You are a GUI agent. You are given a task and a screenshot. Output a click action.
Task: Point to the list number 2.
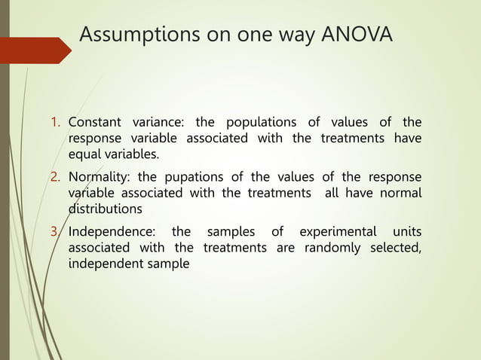tap(56, 177)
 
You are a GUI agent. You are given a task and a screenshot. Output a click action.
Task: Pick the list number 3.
tap(56, 231)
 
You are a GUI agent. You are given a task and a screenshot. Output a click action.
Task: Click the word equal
tap(84, 155)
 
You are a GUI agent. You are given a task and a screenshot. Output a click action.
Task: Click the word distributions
tap(105, 209)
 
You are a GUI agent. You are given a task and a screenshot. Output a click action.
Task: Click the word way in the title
tap(295, 36)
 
